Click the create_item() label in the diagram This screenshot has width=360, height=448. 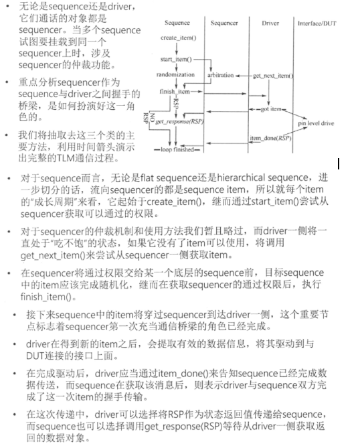179,39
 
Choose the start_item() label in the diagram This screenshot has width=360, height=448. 177,60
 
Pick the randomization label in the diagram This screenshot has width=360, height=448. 175,76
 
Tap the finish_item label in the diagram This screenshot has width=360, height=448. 175,91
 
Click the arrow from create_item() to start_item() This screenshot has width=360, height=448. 177,50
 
